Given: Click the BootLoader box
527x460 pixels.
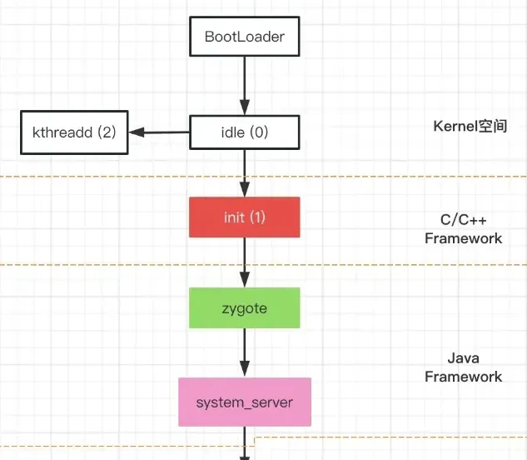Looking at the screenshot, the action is pyautogui.click(x=244, y=37).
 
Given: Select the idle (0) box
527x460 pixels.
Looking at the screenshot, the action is pyautogui.click(x=244, y=132).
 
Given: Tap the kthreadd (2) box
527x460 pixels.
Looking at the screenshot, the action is pyautogui.click(x=74, y=132).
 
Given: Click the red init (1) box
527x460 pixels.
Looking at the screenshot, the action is pyautogui.click(x=244, y=217).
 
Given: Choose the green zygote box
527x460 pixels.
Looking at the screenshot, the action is pyautogui.click(x=244, y=307).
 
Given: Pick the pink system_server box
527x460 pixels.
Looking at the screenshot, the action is pyautogui.click(x=244, y=402).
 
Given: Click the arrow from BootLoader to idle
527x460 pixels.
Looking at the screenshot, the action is pyautogui.click(x=244, y=86).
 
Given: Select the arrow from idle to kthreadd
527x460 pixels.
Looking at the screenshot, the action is pyautogui.click(x=159, y=132).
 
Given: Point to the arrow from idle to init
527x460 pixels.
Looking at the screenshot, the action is pyautogui.click(x=244, y=173).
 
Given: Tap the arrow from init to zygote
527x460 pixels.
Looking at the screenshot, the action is pyautogui.click(x=244, y=262).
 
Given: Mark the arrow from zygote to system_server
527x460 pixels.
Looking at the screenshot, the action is pyautogui.click(x=244, y=353).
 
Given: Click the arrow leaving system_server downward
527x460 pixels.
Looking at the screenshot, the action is pyautogui.click(x=244, y=443).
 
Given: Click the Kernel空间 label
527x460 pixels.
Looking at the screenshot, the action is pyautogui.click(x=470, y=127).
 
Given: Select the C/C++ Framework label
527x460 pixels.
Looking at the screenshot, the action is pyautogui.click(x=463, y=229).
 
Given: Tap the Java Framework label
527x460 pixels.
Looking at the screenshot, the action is pyautogui.click(x=463, y=367).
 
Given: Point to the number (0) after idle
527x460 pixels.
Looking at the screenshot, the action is pyautogui.click(x=259, y=132).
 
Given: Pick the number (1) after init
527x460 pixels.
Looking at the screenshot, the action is pyautogui.click(x=257, y=217).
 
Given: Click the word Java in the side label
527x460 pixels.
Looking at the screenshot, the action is pyautogui.click(x=463, y=358).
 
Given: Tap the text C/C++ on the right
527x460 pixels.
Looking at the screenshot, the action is pyautogui.click(x=463, y=220).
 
